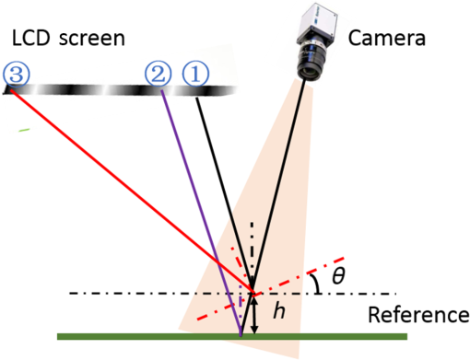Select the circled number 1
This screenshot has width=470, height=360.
pyautogui.click(x=195, y=73)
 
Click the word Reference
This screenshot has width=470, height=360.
pyautogui.click(x=417, y=315)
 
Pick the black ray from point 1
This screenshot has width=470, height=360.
pyautogui.click(x=221, y=175)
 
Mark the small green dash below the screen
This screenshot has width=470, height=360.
pyautogui.click(x=24, y=130)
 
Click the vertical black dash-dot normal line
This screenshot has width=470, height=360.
pyautogui.click(x=253, y=244)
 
